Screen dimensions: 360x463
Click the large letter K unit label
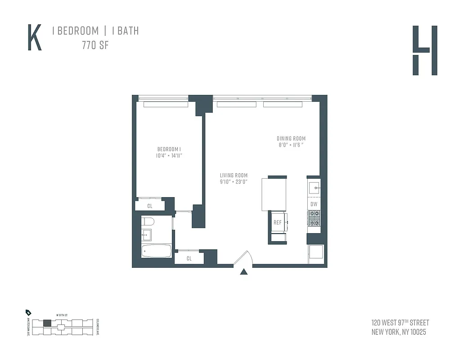(35, 37)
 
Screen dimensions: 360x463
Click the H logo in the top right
(425, 50)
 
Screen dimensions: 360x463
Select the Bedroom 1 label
(169, 149)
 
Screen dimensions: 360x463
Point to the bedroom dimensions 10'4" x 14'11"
(169, 156)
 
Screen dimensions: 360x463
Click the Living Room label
(234, 175)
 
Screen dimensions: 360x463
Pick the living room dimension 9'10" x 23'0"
(234, 182)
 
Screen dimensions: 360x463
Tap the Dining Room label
(291, 139)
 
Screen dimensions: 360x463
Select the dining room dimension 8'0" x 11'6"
(291, 145)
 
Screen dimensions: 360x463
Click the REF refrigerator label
(278, 222)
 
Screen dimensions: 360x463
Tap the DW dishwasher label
(314, 204)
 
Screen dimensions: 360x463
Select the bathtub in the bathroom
(156, 251)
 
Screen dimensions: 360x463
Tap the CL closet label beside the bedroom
(150, 206)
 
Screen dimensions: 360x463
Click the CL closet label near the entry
(189, 258)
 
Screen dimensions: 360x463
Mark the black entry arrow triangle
(244, 271)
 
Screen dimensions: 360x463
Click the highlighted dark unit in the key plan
(47, 323)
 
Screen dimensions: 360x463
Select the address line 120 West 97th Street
(400, 323)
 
